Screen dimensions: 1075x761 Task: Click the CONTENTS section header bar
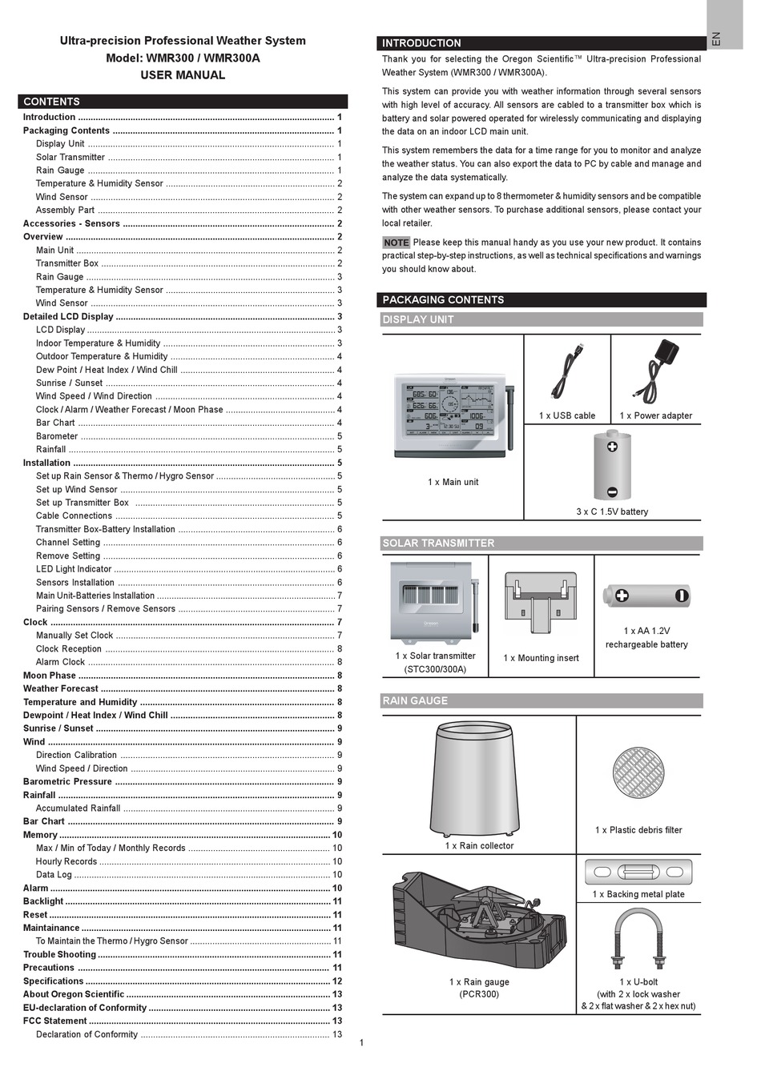(183, 102)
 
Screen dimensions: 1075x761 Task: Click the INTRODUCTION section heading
(422, 43)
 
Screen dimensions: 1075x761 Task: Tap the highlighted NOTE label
(397, 243)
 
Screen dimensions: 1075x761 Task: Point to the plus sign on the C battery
(612, 447)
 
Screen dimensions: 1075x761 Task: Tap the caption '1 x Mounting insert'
(541, 658)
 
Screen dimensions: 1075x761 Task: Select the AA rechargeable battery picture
(646, 596)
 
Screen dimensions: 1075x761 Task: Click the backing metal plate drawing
(638, 872)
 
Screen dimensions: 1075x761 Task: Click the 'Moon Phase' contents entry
(50, 676)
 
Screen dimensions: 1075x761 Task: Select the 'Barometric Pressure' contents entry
(67, 782)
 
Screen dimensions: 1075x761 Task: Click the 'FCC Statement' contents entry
(54, 1021)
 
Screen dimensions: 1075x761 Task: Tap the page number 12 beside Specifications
(337, 981)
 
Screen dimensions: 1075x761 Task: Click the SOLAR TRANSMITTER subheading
(438, 543)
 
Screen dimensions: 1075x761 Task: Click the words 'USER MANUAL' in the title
(183, 75)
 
